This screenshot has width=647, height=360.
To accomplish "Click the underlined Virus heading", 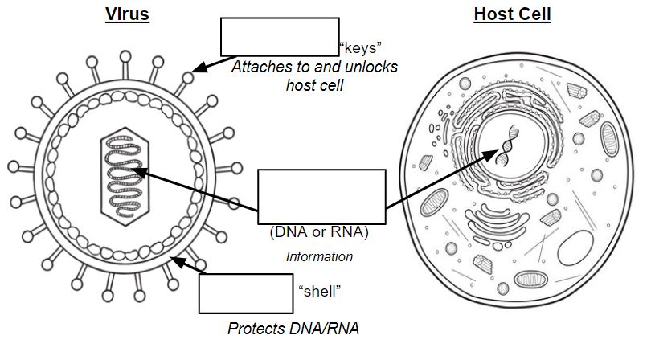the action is (127, 14).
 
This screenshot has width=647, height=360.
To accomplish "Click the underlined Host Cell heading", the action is (512, 14).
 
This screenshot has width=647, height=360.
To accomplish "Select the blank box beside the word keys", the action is (280, 37).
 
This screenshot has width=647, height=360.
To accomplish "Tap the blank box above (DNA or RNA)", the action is (321, 197).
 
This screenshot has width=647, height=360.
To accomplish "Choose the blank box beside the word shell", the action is (246, 293).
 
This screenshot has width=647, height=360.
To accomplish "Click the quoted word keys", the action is (360, 48).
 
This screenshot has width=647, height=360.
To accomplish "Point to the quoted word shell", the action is (320, 292).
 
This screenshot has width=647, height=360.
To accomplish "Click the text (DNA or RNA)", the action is (319, 231).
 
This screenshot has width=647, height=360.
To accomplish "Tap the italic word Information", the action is (319, 256).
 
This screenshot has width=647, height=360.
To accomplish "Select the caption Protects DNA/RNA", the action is (293, 329).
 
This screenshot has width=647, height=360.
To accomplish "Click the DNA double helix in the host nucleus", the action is (508, 145).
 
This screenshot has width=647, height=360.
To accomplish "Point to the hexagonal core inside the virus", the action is (125, 177).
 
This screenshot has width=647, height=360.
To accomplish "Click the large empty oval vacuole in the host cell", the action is (575, 247).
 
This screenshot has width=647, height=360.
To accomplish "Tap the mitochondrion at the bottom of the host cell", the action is (531, 280).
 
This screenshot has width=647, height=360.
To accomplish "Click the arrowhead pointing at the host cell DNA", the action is (491, 155).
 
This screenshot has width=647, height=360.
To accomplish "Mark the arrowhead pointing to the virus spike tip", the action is (199, 67).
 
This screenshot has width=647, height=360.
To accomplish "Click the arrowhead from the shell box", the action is (178, 262).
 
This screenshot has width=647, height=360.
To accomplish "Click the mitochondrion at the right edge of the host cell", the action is (609, 139).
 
